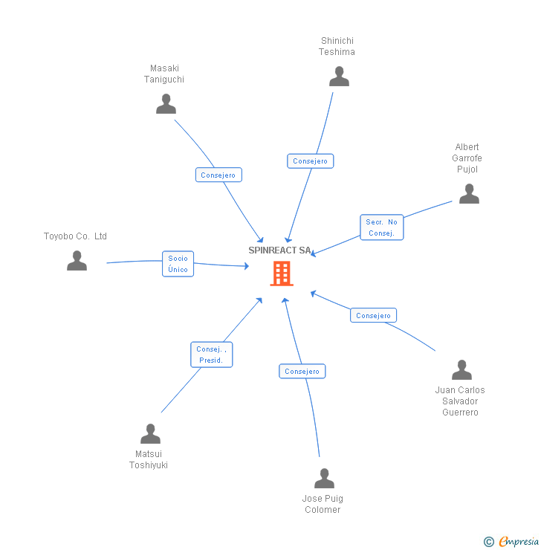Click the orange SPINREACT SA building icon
click(282, 274)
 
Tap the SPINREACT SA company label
click(279, 250)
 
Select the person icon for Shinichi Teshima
click(339, 77)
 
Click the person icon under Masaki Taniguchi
click(166, 104)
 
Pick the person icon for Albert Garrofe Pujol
click(469, 194)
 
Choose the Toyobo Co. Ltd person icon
click(77, 261)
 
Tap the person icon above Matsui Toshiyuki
click(150, 434)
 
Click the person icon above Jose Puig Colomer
click(324, 479)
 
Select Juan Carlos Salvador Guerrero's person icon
click(461, 370)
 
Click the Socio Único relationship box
click(178, 264)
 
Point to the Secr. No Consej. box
click(382, 227)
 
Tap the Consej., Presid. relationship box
click(212, 355)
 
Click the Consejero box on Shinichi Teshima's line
click(310, 161)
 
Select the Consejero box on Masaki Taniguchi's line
click(218, 175)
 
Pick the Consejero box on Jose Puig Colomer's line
click(302, 372)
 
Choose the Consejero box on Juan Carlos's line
click(373, 316)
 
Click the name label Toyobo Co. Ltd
click(75, 236)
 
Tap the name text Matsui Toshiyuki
click(149, 459)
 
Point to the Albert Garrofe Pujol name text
click(467, 158)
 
